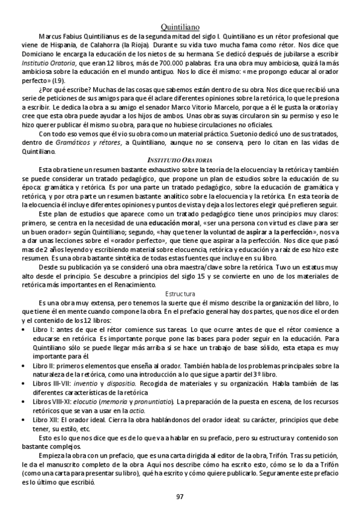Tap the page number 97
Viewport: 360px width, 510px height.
point(180,496)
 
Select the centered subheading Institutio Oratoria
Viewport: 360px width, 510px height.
point(180,160)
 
